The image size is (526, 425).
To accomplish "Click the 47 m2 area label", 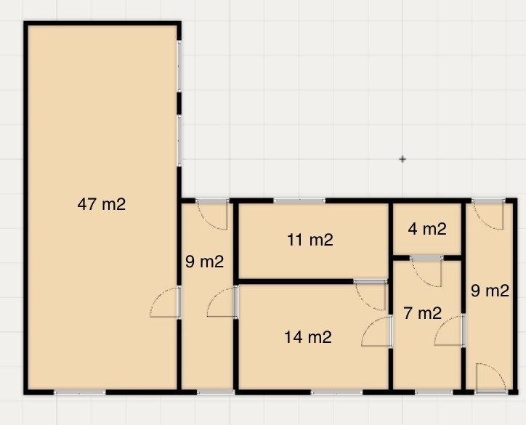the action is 102,204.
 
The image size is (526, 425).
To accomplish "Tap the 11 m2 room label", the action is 310,240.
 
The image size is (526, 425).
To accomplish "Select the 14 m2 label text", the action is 308,337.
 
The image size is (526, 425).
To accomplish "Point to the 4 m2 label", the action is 427,229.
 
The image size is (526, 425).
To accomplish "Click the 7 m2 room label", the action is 422,313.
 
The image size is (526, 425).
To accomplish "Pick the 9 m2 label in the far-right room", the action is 490,291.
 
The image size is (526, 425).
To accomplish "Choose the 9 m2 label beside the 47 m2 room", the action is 205,262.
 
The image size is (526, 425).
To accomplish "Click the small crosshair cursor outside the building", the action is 402,159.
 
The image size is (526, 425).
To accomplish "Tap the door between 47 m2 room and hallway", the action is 165,302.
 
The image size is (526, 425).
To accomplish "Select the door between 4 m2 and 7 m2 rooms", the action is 426,271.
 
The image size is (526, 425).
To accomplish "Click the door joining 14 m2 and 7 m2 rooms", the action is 377,331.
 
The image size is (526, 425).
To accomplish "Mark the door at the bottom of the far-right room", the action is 490,378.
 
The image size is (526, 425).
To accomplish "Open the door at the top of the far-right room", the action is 488,214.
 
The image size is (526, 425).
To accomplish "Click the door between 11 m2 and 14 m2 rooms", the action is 371,295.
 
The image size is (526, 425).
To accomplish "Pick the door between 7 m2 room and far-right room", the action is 450,331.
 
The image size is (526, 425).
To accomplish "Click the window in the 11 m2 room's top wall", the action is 299,201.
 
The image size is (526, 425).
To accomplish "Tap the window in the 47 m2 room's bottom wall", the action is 80,392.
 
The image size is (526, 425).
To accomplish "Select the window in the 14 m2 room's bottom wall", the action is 337,392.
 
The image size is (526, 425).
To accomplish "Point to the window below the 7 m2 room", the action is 434,392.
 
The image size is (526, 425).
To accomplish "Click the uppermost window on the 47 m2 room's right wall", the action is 179,65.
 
